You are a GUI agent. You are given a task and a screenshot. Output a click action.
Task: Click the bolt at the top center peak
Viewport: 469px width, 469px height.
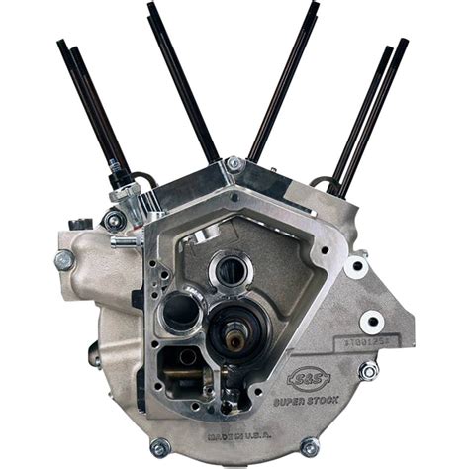tap(234, 164)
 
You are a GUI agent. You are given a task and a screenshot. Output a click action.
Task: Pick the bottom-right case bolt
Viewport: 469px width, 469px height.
tap(310, 447)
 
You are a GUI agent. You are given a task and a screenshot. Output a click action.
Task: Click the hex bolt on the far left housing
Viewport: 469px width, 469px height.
tap(64, 260)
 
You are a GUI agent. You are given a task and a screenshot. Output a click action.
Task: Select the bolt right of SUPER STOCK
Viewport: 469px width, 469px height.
tap(368, 370)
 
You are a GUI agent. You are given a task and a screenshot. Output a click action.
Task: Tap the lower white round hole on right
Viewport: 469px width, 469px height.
tap(372, 322)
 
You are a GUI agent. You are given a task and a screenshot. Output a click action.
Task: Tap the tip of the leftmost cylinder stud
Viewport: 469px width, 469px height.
tap(60, 44)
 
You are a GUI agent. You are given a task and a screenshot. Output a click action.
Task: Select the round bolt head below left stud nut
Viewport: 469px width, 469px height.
tap(116, 221)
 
